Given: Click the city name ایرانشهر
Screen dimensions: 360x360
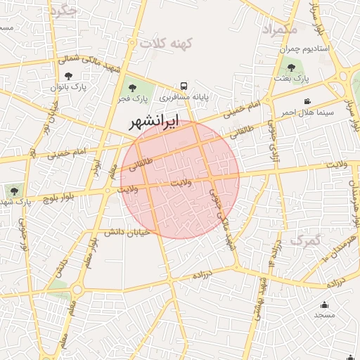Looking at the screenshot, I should coord(153,122).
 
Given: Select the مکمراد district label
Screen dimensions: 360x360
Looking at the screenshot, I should coord(280,30).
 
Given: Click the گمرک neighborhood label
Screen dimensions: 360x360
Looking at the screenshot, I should coord(306,241).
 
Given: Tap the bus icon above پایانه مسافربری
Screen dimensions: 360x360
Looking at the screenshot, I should coord(184,83).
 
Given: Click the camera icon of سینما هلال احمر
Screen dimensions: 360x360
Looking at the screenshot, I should coord(307,102).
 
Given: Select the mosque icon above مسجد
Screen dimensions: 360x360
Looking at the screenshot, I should coord(324,304).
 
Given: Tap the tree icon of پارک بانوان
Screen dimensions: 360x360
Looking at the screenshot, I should coord(67,76).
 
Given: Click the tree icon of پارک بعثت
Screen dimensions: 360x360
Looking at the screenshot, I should coord(291,68).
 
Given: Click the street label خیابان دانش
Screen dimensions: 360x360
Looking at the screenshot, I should coord(124,233).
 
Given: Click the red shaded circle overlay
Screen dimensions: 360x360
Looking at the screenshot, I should coord(180,180).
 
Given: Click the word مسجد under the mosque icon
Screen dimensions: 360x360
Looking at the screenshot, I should coord(324,315).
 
